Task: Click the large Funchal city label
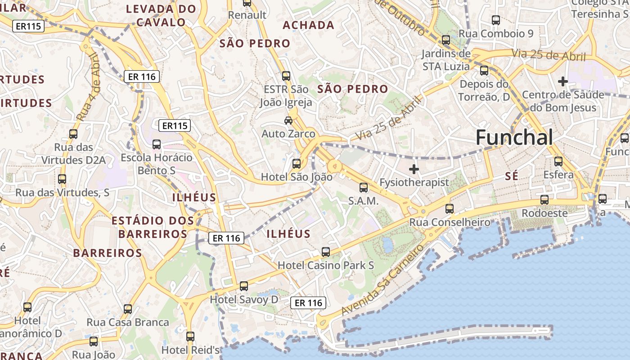(x=514, y=137)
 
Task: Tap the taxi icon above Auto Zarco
(x=288, y=121)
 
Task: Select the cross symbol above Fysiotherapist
(x=414, y=169)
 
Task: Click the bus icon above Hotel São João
(x=297, y=163)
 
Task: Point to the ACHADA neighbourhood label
(x=308, y=25)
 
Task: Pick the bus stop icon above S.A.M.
(x=363, y=188)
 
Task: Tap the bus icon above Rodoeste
(x=544, y=199)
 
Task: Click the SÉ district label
(x=512, y=176)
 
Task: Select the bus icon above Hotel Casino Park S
(x=326, y=252)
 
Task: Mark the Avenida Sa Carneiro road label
(x=382, y=280)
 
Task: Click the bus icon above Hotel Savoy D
(x=243, y=286)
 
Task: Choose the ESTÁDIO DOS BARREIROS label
(x=153, y=227)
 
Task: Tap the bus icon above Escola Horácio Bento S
(x=157, y=144)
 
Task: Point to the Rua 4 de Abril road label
(x=88, y=87)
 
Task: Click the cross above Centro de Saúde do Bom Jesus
(x=562, y=81)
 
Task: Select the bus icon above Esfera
(x=558, y=161)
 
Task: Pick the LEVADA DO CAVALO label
(x=161, y=15)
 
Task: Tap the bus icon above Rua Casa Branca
(x=128, y=309)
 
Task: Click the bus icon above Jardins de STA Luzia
(x=446, y=40)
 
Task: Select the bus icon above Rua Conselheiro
(x=449, y=208)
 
